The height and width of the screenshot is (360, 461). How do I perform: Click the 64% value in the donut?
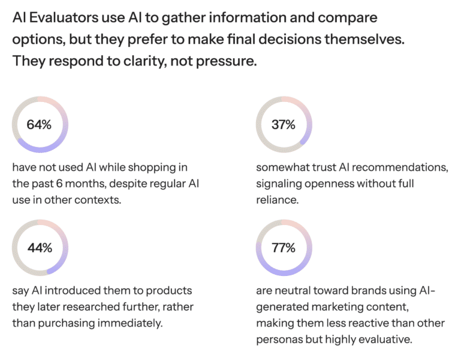40,124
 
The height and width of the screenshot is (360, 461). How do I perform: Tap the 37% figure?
284,124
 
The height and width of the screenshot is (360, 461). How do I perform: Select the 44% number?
40,247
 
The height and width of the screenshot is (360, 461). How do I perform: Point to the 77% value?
284,247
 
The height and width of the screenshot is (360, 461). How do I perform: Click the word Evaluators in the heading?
62,17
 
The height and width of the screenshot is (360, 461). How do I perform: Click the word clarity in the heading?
151,61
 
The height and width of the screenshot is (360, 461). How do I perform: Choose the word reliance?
275,199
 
